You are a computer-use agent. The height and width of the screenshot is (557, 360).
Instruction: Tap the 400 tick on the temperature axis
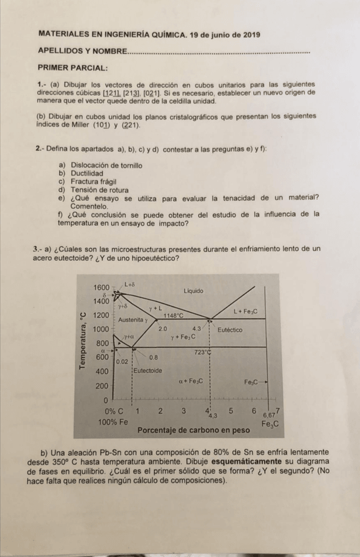coord(101,371)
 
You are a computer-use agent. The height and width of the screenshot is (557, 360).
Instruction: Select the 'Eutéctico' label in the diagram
coord(231,329)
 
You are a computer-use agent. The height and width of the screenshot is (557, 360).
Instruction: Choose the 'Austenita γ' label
coord(136,319)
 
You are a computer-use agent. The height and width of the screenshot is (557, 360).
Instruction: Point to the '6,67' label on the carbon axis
coord(269,415)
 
